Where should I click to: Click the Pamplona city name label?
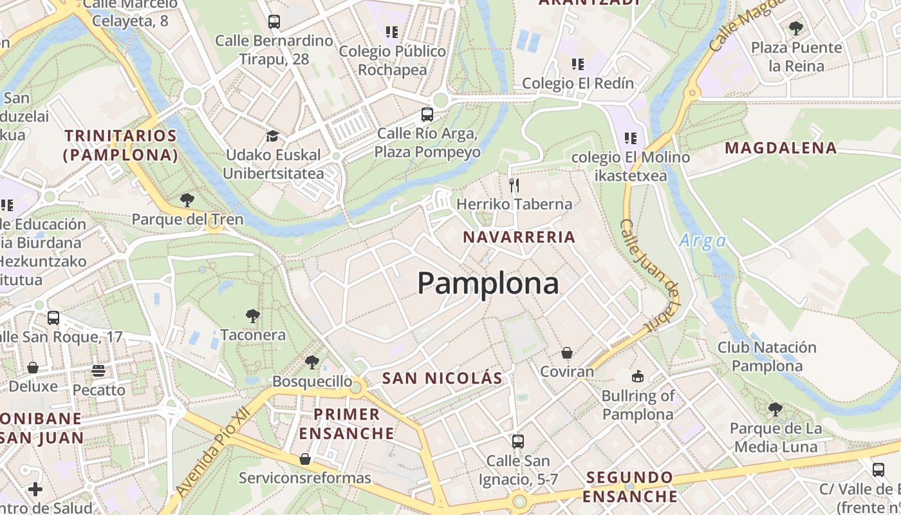pos(488,283)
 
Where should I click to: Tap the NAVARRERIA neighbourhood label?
pos(519,237)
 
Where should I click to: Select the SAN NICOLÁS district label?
pos(441,378)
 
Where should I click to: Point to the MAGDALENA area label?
pos(781,148)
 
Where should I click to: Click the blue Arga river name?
pos(702,241)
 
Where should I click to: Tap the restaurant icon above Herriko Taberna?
pos(514,185)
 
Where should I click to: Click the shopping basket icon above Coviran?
pos(567,353)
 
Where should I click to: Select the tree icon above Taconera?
pos(253,316)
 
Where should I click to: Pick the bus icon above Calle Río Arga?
pos(427,115)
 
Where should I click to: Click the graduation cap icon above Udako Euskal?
pos(273,136)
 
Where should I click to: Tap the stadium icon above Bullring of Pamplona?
pos(638,376)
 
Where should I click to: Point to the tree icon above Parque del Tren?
pos(187,200)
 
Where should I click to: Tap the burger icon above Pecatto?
pos(98,371)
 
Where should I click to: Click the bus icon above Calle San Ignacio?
pos(518,442)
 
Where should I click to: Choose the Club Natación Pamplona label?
pos(766,357)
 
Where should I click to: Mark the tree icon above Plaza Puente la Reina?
pos(796,28)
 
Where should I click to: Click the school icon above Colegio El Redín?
pos(578,64)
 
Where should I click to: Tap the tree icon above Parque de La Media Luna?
pos(776,409)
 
